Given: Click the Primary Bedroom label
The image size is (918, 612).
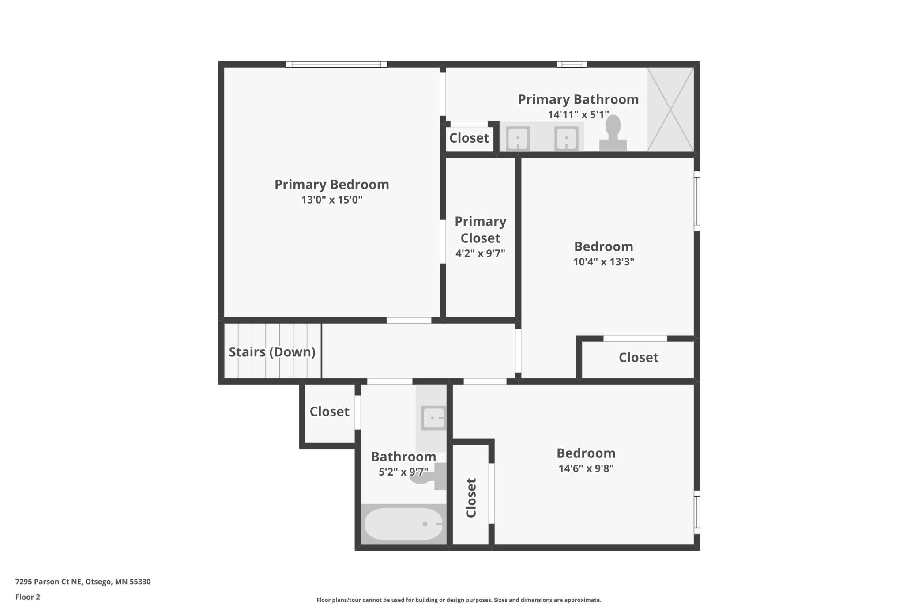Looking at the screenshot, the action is click(x=332, y=185).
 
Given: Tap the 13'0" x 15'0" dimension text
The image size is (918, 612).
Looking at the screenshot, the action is click(x=332, y=200).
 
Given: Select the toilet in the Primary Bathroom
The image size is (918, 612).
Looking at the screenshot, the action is click(x=613, y=133).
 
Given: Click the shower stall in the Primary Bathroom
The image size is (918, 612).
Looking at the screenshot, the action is click(x=670, y=109).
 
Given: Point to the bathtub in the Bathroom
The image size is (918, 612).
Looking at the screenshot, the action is click(x=404, y=524).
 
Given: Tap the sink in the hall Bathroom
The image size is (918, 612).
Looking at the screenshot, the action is click(x=433, y=418).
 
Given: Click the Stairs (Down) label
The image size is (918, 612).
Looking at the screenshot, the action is click(x=272, y=352).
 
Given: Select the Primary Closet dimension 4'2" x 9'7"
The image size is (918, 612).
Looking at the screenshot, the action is click(x=480, y=253).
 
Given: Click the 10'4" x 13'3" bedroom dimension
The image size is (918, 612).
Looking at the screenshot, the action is click(x=603, y=261).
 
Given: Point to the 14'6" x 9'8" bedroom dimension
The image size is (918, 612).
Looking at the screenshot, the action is click(x=586, y=468).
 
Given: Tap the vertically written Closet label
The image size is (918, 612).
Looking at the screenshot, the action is click(x=471, y=498).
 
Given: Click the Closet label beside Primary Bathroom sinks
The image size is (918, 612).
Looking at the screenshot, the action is click(x=469, y=138).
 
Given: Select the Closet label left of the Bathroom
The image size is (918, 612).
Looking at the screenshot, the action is click(x=329, y=412).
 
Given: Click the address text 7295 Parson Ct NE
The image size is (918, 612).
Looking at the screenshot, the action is click(x=49, y=582).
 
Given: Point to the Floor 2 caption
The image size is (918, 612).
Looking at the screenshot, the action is click(x=28, y=597).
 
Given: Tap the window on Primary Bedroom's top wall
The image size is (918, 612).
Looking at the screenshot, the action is click(x=336, y=64).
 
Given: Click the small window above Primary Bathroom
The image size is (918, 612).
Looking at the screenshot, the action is click(x=572, y=64).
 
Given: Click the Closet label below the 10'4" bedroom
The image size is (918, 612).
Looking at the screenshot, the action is click(x=639, y=357).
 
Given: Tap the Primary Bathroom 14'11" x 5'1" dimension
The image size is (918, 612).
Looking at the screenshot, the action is click(x=578, y=115).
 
